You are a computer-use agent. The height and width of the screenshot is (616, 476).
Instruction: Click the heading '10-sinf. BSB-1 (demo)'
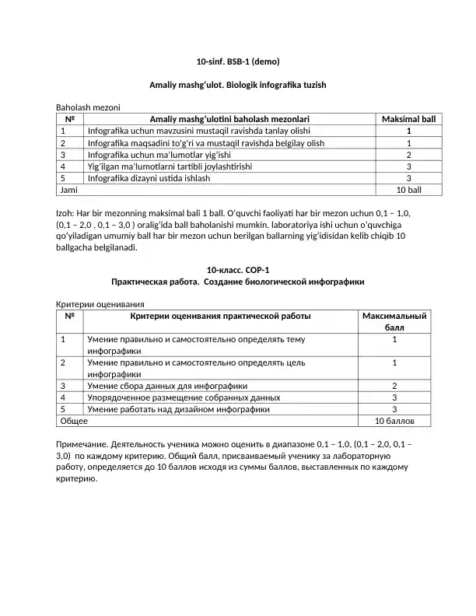[x=237, y=61]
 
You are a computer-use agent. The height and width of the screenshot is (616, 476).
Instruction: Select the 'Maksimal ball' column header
[x=408, y=119]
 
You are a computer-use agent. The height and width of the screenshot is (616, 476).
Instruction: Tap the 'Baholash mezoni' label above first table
[x=87, y=107]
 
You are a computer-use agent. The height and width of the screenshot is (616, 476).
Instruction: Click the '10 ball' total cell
[x=408, y=190]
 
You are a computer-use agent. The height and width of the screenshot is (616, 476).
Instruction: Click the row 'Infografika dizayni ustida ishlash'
[x=160, y=178]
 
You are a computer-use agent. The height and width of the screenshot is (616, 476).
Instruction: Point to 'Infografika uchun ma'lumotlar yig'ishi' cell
[x=166, y=155]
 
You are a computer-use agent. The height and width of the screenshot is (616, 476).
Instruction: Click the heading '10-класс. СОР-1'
[x=237, y=270]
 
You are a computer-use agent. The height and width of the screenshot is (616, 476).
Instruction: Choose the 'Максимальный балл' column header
[x=395, y=322]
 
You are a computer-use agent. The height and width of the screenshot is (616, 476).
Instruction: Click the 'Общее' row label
[x=75, y=421]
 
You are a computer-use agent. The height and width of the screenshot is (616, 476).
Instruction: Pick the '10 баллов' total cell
[x=395, y=421]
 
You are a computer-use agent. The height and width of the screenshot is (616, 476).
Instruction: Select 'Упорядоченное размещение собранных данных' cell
[x=184, y=397]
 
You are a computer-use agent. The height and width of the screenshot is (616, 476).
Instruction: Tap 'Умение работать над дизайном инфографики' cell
[x=179, y=409]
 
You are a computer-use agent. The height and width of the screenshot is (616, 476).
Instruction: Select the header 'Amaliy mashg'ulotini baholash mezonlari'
[x=229, y=119]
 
